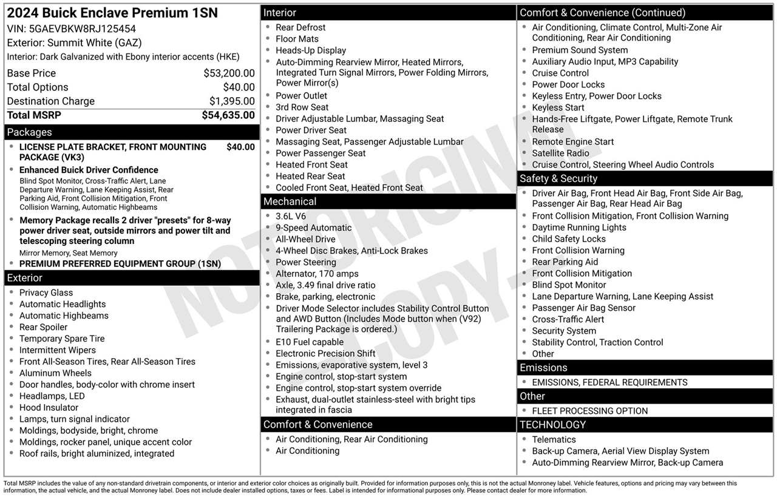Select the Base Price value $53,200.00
click(x=229, y=73)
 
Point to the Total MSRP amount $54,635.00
click(x=228, y=115)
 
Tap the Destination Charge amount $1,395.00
click(x=232, y=101)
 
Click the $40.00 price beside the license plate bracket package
click(x=240, y=147)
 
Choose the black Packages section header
click(x=132, y=132)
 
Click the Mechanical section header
click(x=388, y=201)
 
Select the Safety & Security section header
click(x=645, y=178)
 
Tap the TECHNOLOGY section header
click(x=645, y=425)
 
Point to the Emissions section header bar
click(x=645, y=368)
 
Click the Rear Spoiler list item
click(x=44, y=327)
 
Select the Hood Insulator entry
click(x=49, y=408)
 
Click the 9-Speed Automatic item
click(x=313, y=228)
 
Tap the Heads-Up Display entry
click(x=311, y=50)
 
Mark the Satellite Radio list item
click(x=560, y=154)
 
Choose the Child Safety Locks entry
click(x=569, y=239)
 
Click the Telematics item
click(x=554, y=440)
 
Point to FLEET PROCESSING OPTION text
click(x=589, y=411)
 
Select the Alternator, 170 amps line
click(x=317, y=274)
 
